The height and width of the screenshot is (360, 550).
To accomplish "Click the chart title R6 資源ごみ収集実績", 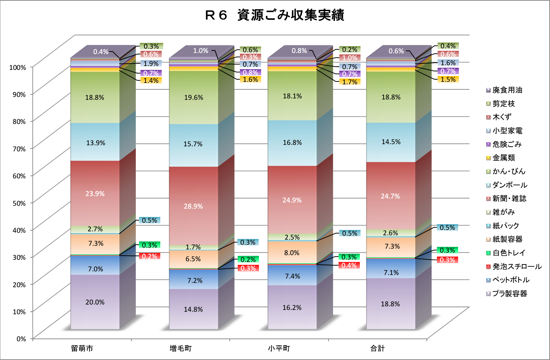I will (274, 15).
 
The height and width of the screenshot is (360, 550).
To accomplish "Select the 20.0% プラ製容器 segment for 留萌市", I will (95, 302).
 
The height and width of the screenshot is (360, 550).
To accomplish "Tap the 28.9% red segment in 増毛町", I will (193, 206).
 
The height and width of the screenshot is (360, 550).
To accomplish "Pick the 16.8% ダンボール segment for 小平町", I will (292, 143).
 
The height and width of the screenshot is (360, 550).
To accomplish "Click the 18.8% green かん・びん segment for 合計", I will (391, 97).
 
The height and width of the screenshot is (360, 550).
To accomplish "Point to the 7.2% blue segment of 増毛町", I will (194, 280).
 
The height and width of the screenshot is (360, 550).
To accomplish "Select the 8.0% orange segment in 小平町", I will (292, 253).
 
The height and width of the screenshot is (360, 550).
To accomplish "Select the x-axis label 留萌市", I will (82, 348).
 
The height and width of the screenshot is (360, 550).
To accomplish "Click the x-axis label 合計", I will (377, 348).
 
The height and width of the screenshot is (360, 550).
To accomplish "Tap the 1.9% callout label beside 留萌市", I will (151, 64).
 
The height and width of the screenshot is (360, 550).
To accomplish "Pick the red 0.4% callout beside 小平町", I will (349, 266).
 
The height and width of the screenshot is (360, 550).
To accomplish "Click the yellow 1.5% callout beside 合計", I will (448, 79).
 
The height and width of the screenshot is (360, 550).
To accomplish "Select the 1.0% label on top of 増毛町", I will (201, 51).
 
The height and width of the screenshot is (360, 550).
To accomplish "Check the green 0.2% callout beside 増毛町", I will (248, 259).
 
